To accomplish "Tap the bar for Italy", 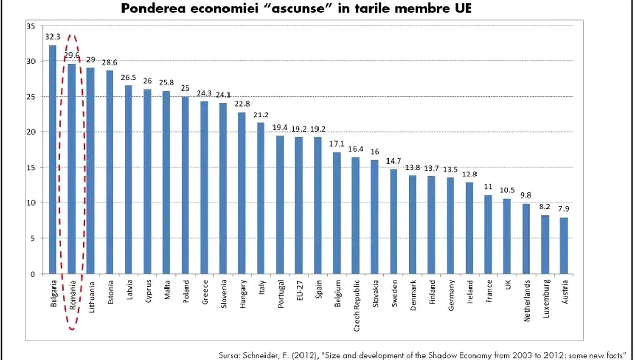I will pos(261,199).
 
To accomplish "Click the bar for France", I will pos(488,235).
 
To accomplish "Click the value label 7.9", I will pos(563,209).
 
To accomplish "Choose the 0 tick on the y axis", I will pos(31,274).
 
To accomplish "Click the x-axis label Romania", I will pos(72,294).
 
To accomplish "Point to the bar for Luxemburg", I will pos(545,244).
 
